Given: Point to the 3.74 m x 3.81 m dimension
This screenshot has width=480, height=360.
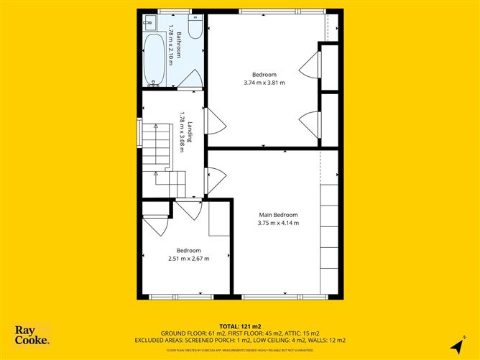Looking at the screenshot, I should [x=264, y=83].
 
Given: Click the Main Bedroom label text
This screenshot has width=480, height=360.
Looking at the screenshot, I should [x=278, y=215].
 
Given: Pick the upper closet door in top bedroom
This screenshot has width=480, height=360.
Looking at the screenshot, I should [x=310, y=65].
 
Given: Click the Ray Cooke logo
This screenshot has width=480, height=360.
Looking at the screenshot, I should [x=32, y=335].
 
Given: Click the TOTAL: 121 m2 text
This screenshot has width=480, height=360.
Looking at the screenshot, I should [x=240, y=327].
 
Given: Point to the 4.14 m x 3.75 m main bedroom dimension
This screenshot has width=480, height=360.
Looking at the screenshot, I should [x=278, y=223].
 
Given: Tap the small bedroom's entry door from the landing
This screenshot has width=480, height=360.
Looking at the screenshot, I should [x=189, y=210].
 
